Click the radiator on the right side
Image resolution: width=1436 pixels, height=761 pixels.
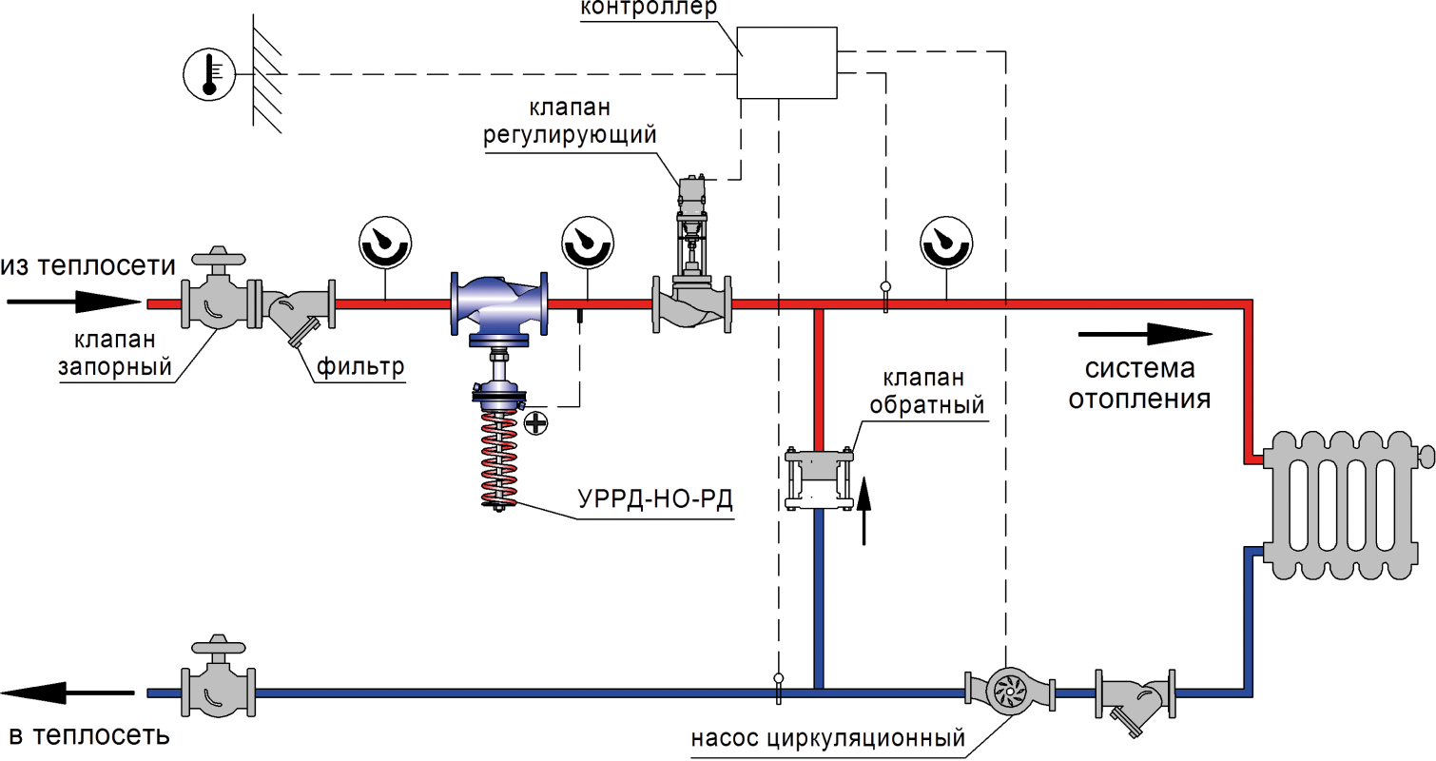(1343, 505)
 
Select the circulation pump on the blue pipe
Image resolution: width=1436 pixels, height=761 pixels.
(1009, 692)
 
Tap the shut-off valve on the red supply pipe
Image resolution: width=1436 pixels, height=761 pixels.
(220, 302)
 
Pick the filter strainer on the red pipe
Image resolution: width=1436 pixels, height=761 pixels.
(295, 309)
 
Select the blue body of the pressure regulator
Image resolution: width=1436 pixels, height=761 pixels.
(499, 303)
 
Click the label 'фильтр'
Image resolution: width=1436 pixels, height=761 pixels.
(360, 366)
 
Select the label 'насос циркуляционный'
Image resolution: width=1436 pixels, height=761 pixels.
(828, 738)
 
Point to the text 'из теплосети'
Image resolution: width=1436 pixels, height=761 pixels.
(88, 266)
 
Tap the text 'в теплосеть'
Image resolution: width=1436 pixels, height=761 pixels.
(88, 736)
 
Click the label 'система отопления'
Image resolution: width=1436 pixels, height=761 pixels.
(1139, 384)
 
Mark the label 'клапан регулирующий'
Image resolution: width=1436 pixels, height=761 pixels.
(570, 122)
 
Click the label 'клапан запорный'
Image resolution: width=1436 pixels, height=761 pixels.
(115, 354)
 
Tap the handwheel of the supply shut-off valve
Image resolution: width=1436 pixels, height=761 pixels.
(219, 257)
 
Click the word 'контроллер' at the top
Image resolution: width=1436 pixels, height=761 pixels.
(649, 9)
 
